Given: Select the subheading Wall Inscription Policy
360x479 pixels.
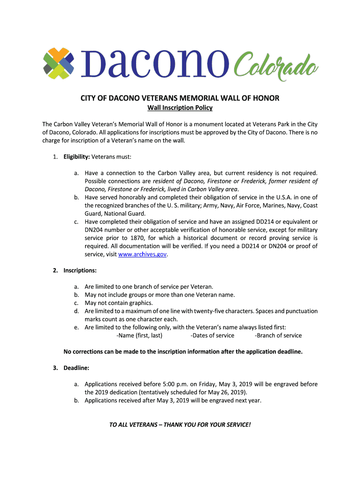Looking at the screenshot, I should click(x=180, y=108).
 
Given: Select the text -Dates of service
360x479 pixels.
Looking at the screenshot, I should click(x=212, y=335).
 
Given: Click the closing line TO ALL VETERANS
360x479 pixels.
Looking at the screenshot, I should click(x=180, y=425).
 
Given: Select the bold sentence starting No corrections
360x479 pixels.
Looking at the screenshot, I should click(x=183, y=352).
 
